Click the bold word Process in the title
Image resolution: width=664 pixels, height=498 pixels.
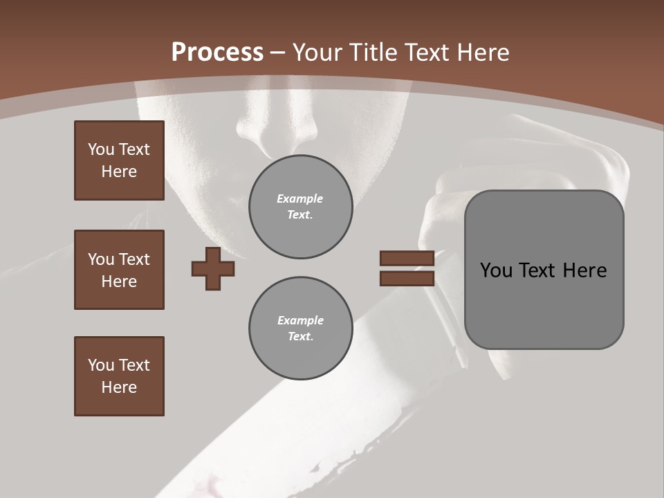tap(217, 53)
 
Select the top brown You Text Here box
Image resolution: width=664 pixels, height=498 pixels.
tap(119, 160)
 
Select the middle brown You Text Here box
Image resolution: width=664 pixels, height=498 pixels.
tap(119, 270)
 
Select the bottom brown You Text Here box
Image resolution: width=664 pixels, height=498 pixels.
tap(119, 376)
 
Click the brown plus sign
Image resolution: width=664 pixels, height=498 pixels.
tap(213, 268)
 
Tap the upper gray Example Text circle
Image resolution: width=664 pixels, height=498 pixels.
tap(301, 207)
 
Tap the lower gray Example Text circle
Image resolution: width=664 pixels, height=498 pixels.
tap(301, 329)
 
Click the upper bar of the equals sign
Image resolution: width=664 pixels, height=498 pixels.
tap(407, 259)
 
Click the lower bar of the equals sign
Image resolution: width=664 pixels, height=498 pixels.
tap(407, 279)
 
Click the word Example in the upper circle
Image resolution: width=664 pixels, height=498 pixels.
tap(299, 199)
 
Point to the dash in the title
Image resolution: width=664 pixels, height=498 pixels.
tap(277, 53)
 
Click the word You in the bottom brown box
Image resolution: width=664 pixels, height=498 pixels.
tap(100, 365)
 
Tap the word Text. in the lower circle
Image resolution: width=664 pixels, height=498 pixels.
tap(300, 337)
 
